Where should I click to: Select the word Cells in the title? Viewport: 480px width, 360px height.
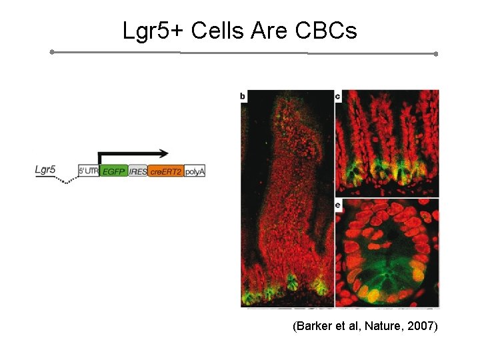click(213, 30)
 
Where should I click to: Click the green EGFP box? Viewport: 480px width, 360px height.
click(113, 171)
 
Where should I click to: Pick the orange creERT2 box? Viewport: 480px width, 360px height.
click(165, 171)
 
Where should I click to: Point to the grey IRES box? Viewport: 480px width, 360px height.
click(137, 171)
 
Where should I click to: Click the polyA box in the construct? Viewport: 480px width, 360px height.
click(195, 171)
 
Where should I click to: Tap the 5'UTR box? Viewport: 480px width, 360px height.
click(88, 171)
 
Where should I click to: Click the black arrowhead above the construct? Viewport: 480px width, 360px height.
click(163, 153)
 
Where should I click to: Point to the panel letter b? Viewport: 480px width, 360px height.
click(243, 97)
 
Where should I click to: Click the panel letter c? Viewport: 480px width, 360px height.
click(338, 97)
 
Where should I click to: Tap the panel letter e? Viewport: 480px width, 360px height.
click(338, 205)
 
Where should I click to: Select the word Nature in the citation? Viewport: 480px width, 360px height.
click(382, 327)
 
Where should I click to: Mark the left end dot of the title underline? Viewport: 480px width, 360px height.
click(52, 51)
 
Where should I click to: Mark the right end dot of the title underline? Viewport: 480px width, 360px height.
click(436, 53)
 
